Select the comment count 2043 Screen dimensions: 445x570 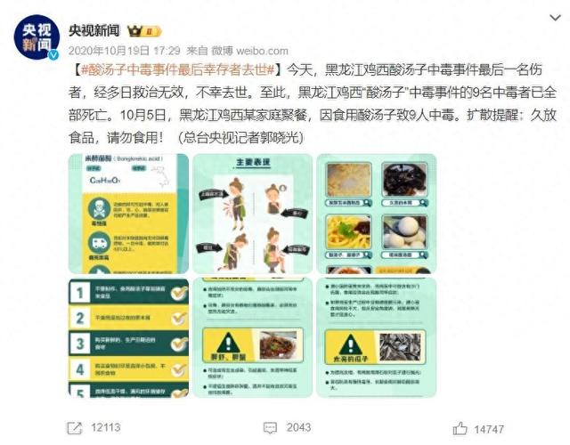(298, 428)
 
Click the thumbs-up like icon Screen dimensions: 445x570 (459, 427)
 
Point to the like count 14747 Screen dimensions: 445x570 (489, 428)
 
